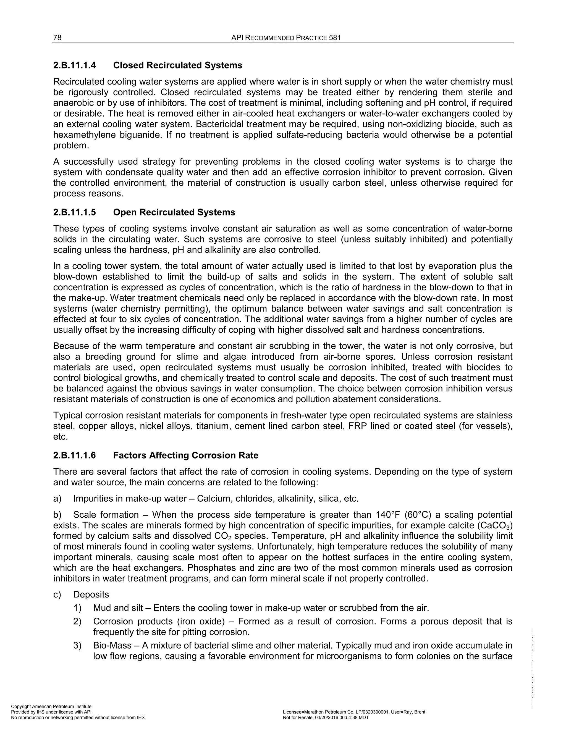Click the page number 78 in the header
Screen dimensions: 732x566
[57, 38]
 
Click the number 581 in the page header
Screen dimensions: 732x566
[335, 38]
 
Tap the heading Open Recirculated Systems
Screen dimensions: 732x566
[174, 212]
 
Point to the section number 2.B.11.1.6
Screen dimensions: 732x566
[74, 455]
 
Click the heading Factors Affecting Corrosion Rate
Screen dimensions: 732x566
[185, 455]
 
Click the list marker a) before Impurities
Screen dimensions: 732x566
[57, 498]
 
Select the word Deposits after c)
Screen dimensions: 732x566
[91, 595]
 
